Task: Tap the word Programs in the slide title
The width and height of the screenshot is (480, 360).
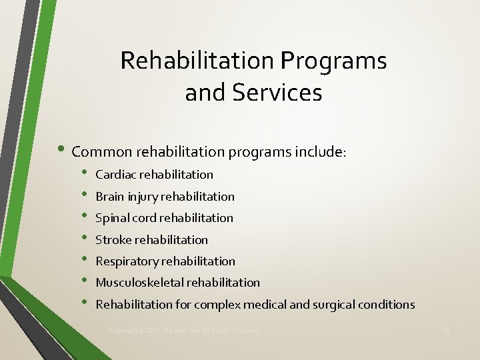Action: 334,61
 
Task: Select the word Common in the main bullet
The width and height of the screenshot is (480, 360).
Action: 101,152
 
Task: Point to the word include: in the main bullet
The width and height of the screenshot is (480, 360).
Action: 321,152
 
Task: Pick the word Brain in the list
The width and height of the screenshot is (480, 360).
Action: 110,197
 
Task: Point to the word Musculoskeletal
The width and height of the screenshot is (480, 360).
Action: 139,283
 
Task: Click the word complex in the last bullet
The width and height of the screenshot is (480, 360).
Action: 219,305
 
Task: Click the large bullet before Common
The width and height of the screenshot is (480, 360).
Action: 63,151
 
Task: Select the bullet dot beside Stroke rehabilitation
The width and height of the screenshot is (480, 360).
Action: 84,239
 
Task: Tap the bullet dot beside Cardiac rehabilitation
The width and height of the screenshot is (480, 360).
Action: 84,175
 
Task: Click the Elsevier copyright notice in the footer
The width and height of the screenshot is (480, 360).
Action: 184,331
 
